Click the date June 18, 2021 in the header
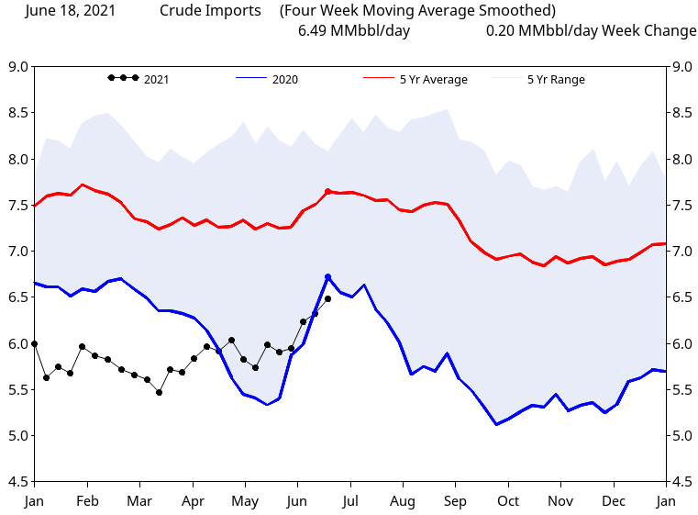(x=71, y=11)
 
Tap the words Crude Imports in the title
(x=210, y=11)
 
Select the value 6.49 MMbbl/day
(x=354, y=31)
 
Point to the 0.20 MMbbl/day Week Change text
(x=592, y=31)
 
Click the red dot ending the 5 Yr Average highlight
(x=327, y=191)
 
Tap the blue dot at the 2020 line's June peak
(x=327, y=276)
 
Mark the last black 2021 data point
(x=327, y=298)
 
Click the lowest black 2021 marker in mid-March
(x=159, y=392)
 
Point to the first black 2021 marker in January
(x=35, y=343)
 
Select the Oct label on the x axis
(x=508, y=501)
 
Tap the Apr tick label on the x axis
(x=193, y=501)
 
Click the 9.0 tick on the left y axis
(x=17, y=67)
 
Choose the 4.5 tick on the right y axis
(x=681, y=482)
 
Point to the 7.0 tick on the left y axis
(x=17, y=252)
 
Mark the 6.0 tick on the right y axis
(x=681, y=343)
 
